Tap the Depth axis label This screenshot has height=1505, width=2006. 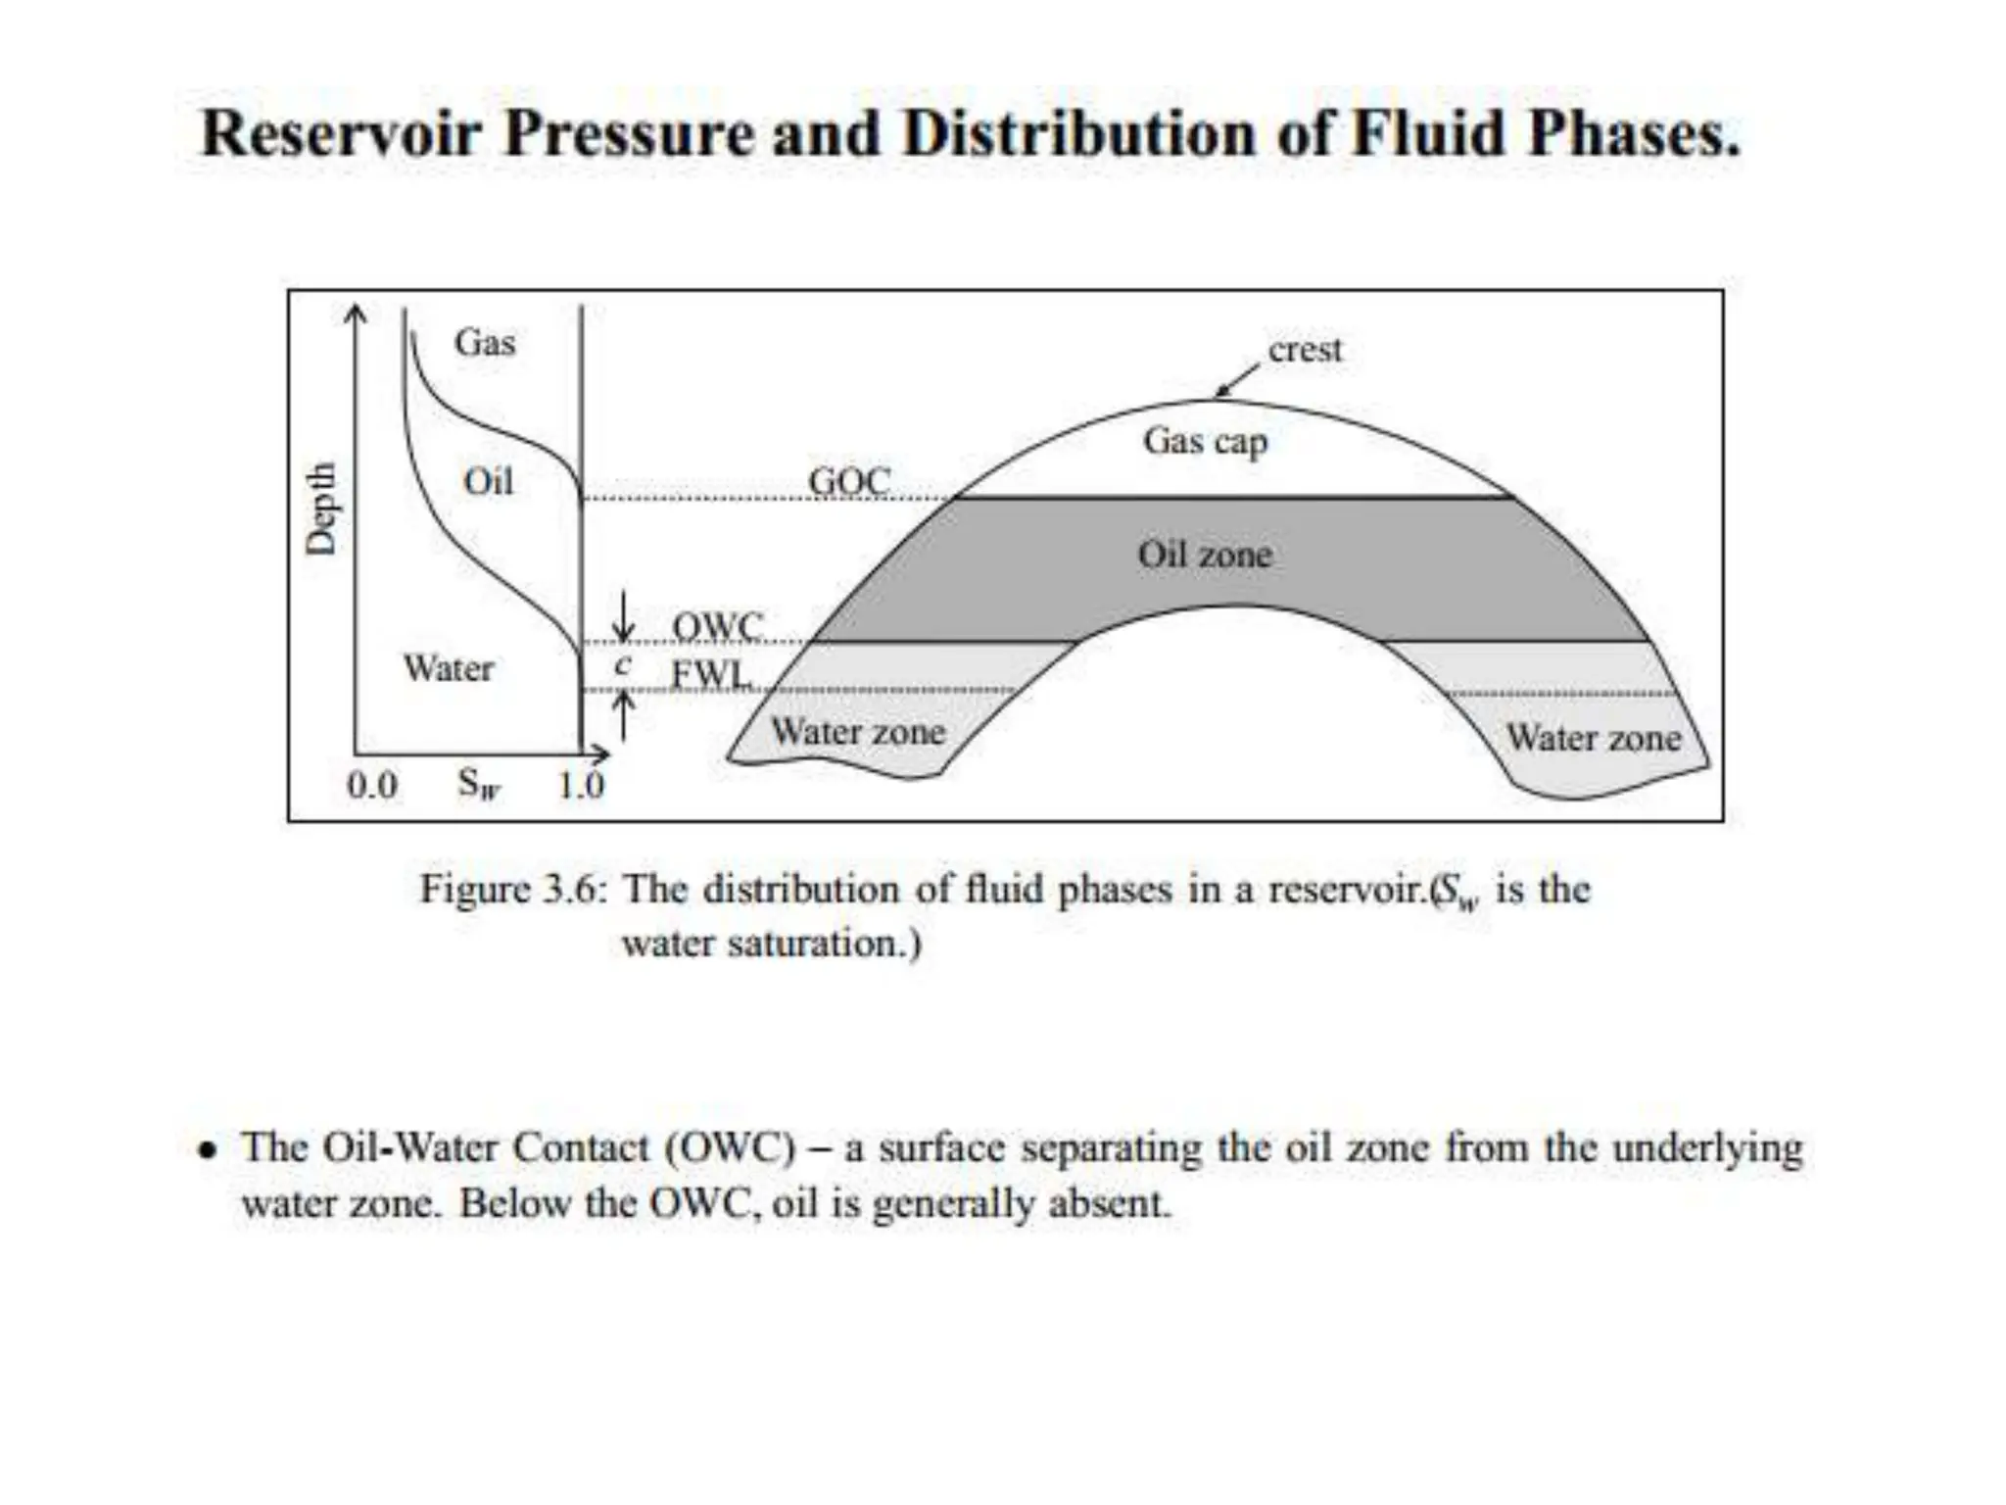320,509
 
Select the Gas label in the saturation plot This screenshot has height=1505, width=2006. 484,343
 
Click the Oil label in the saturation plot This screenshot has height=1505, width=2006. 488,481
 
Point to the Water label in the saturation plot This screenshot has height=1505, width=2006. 449,668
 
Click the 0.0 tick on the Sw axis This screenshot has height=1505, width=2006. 372,785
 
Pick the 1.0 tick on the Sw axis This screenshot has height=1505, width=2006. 581,785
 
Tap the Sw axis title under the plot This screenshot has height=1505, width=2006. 478,785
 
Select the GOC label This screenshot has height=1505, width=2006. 849,481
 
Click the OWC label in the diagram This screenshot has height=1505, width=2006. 717,625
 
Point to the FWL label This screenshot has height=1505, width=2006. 711,674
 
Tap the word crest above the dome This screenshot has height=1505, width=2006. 1305,350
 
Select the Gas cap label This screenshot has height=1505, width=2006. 1205,442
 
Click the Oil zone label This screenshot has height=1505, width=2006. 1205,555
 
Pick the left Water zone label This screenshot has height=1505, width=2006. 858,732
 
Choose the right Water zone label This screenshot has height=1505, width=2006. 1594,737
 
